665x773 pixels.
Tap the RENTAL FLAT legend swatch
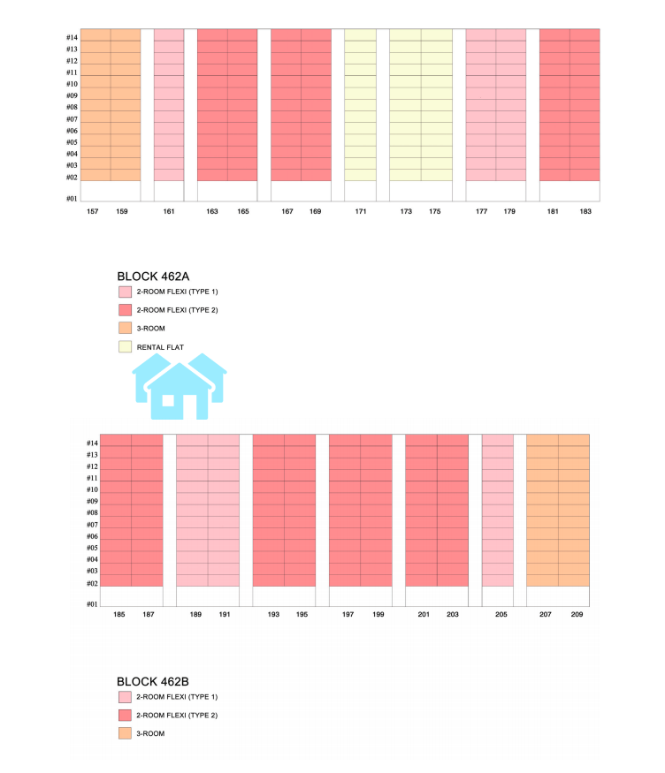[x=125, y=347]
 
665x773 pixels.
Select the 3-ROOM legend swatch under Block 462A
[x=125, y=328]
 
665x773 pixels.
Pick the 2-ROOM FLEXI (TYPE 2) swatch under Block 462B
[x=125, y=715]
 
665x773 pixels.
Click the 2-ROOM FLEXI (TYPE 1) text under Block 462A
[x=177, y=291]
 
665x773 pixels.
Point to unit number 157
[x=93, y=212]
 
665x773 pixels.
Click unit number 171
[x=361, y=212]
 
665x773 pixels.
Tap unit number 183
[x=585, y=212]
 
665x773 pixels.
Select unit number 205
[x=501, y=614]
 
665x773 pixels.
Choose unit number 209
[x=577, y=614]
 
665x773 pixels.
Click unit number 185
[x=119, y=614]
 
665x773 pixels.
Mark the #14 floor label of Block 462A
[x=72, y=38]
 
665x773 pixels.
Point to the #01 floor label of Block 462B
[x=92, y=604]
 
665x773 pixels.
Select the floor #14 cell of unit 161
[x=169, y=34]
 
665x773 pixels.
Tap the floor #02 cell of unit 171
[x=361, y=175]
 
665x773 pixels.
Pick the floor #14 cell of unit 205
[x=498, y=440]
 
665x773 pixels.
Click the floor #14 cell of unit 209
[x=574, y=440]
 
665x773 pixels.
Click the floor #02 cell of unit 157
[x=96, y=175]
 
